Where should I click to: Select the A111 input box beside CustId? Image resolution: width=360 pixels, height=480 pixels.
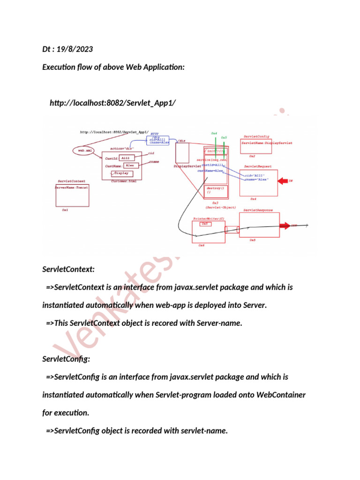pyautogui.click(x=130, y=158)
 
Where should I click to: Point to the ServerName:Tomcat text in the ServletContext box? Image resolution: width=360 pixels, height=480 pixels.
pyautogui.click(x=72, y=187)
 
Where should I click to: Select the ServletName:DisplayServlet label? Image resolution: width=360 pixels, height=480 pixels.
pyautogui.click(x=266, y=142)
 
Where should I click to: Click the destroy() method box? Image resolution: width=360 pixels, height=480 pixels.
pyautogui.click(x=215, y=190)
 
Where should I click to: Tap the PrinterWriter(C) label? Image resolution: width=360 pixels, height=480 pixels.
pyautogui.click(x=209, y=218)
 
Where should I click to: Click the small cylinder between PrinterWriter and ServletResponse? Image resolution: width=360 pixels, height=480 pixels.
pyautogui.click(x=232, y=230)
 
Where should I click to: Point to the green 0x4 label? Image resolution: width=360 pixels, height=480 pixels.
pyautogui.click(x=214, y=134)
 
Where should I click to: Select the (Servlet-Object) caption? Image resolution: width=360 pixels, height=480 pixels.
pyautogui.click(x=220, y=207)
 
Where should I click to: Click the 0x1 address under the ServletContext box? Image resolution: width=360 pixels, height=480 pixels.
pyautogui.click(x=65, y=210)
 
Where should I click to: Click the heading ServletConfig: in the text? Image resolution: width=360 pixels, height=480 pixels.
pyautogui.click(x=63, y=359)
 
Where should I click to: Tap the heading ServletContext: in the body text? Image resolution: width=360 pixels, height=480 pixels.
pyautogui.click(x=68, y=269)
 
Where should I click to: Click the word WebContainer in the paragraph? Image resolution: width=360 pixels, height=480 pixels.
pyautogui.click(x=281, y=395)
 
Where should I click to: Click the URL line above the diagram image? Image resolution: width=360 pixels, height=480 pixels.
pyautogui.click(x=112, y=103)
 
